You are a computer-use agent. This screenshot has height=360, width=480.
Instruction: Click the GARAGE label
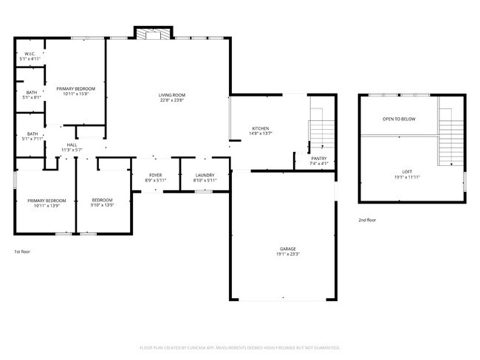pos(288,251)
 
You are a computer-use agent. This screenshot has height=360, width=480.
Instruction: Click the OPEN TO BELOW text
pos(399,119)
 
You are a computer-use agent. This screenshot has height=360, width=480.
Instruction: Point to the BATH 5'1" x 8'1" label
pos(31,94)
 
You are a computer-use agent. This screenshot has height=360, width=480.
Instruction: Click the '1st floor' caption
pos(22,252)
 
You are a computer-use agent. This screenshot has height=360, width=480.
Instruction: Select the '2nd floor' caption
pos(367,220)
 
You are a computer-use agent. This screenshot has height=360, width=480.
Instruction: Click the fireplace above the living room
pos(153,33)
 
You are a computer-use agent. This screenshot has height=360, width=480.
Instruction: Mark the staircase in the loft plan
pos(448,136)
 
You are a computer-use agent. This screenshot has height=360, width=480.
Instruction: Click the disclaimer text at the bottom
pos(239,347)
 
